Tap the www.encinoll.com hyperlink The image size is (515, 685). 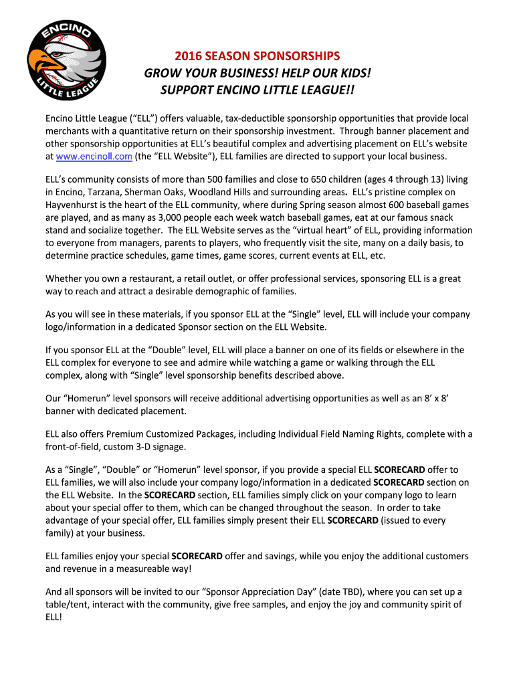[94, 156]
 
